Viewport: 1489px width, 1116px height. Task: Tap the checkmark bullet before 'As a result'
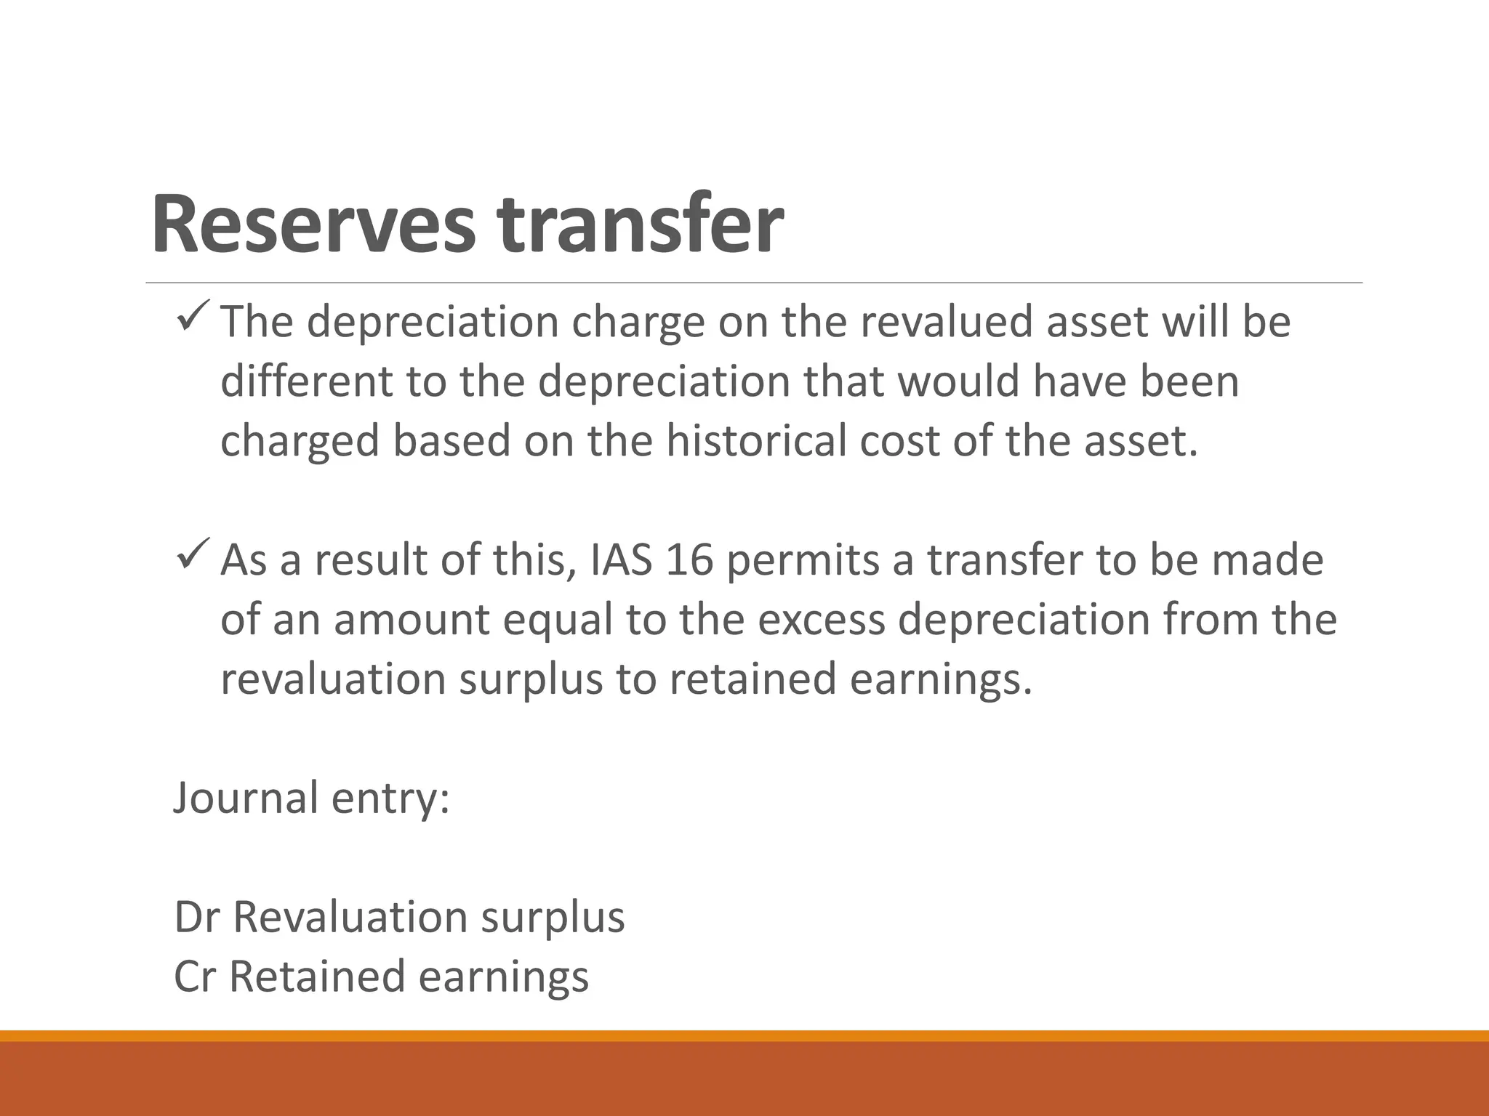click(x=193, y=556)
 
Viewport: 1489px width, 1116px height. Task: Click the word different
click(x=306, y=381)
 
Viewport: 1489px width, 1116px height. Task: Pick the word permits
click(x=803, y=560)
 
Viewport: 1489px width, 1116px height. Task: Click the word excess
click(x=818, y=620)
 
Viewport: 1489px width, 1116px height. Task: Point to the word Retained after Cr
click(x=317, y=976)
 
